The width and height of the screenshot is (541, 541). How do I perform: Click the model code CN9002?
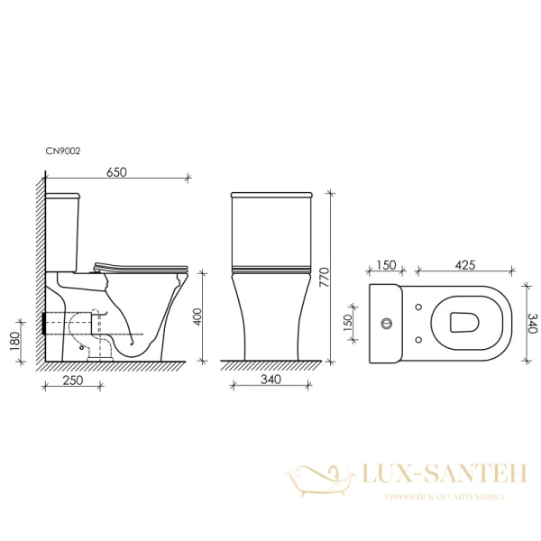click(x=63, y=151)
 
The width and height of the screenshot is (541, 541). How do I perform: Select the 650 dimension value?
click(x=116, y=172)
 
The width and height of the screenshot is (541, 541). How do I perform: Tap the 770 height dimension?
click(x=325, y=278)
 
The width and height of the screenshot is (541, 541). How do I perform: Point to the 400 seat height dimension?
click(x=197, y=316)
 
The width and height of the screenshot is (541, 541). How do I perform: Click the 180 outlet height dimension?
click(x=15, y=341)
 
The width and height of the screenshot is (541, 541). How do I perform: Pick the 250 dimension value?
click(x=73, y=380)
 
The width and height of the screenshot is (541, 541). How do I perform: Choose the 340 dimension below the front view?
click(x=270, y=380)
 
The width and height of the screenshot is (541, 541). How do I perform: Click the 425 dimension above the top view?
click(x=465, y=265)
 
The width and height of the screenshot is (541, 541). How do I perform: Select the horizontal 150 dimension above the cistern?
click(x=386, y=265)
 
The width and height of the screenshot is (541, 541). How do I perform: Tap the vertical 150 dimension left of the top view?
click(x=348, y=324)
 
